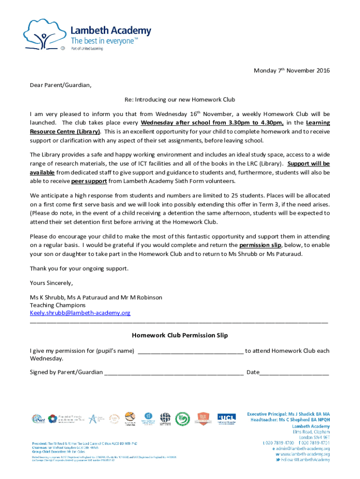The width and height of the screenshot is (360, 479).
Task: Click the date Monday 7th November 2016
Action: [x=291, y=71]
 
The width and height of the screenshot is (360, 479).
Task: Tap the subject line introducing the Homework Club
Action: [x=180, y=100]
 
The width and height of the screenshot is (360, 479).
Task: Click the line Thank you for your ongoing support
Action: [x=79, y=269]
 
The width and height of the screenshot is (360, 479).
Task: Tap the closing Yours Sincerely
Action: [x=51, y=283]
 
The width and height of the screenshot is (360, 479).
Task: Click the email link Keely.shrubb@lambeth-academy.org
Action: [x=80, y=312]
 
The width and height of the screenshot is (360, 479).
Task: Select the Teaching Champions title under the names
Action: [x=58, y=305]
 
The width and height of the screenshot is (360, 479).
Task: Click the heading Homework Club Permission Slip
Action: [x=180, y=335]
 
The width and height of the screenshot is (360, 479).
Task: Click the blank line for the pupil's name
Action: [x=190, y=351]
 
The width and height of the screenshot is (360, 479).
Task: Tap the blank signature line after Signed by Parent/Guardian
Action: [x=173, y=372]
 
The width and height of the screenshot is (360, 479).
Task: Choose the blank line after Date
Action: [x=295, y=372]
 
